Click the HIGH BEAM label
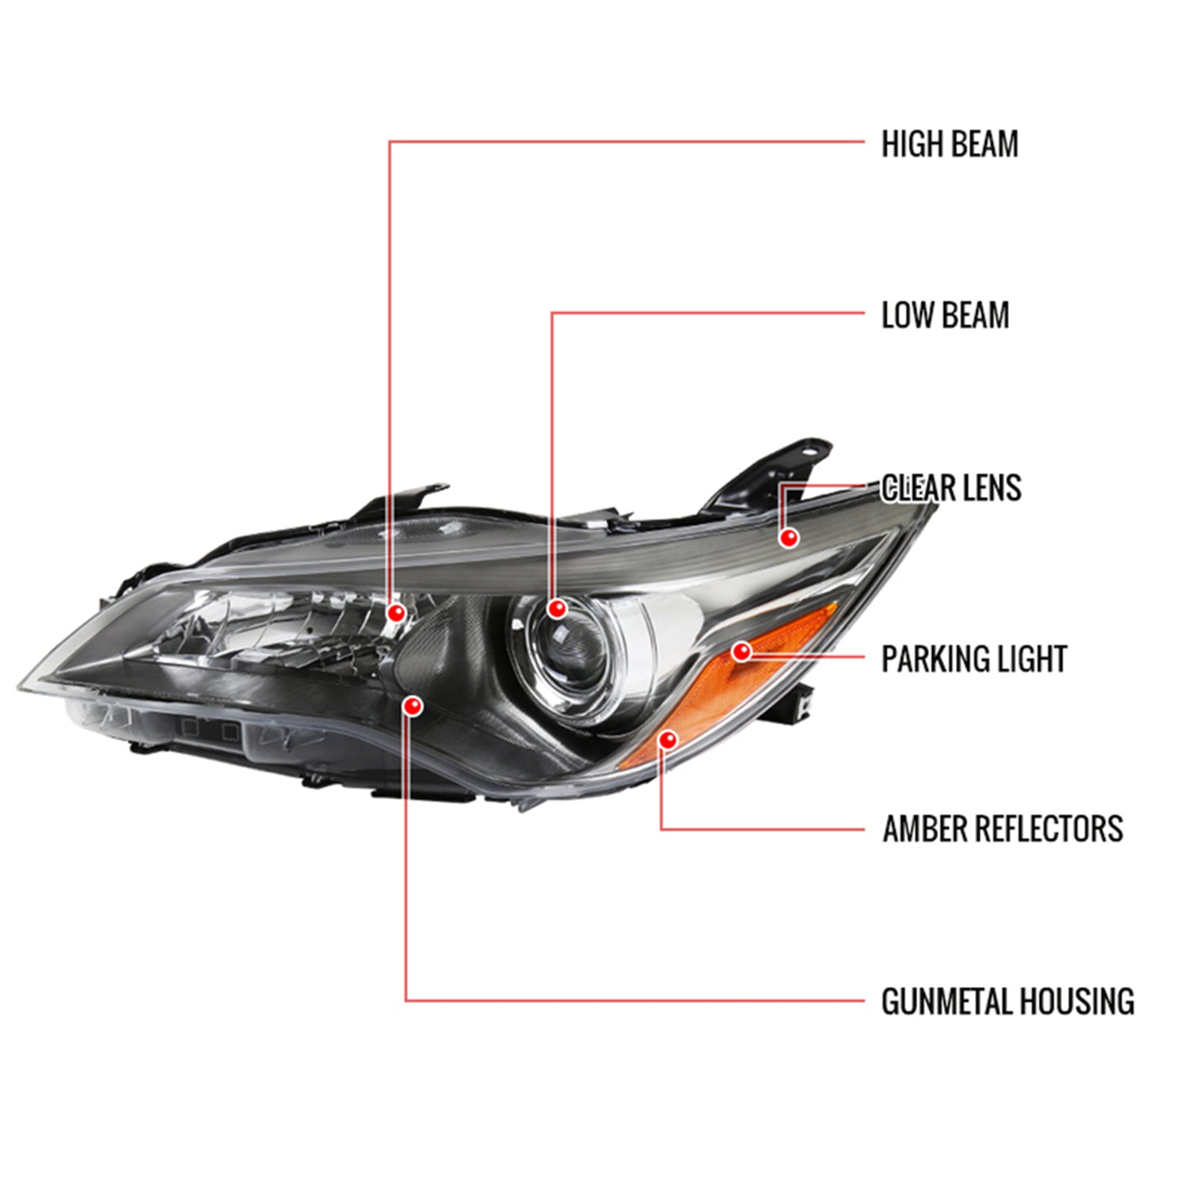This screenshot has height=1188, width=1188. (950, 144)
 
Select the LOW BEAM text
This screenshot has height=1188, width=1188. (945, 315)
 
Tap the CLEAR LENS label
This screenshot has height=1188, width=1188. (951, 488)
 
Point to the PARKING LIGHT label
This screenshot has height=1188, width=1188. (974, 659)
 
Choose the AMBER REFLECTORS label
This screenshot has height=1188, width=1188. (1003, 829)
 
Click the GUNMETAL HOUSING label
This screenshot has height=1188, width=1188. (1007, 1001)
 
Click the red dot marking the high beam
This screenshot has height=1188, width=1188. (396, 612)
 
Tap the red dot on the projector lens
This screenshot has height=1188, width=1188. (557, 608)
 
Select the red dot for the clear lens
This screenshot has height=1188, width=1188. (788, 538)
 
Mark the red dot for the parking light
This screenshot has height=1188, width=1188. (741, 652)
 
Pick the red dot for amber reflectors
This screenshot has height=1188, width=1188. (669, 740)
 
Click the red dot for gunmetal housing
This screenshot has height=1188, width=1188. (413, 705)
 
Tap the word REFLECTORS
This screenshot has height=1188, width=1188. (1049, 829)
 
